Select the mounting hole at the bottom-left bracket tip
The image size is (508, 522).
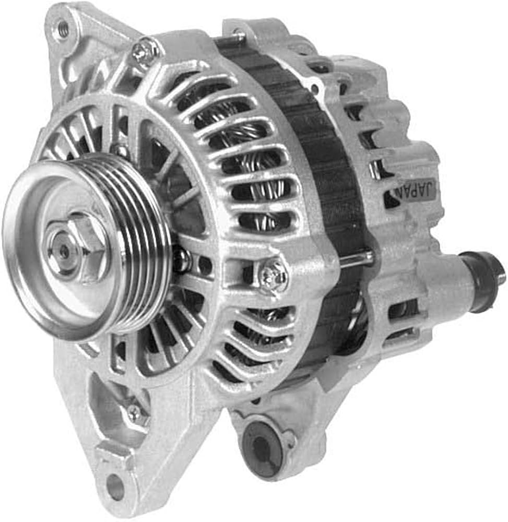(114, 484)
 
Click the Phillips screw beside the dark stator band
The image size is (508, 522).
(273, 276)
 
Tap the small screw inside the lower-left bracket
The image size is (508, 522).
(135, 411)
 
